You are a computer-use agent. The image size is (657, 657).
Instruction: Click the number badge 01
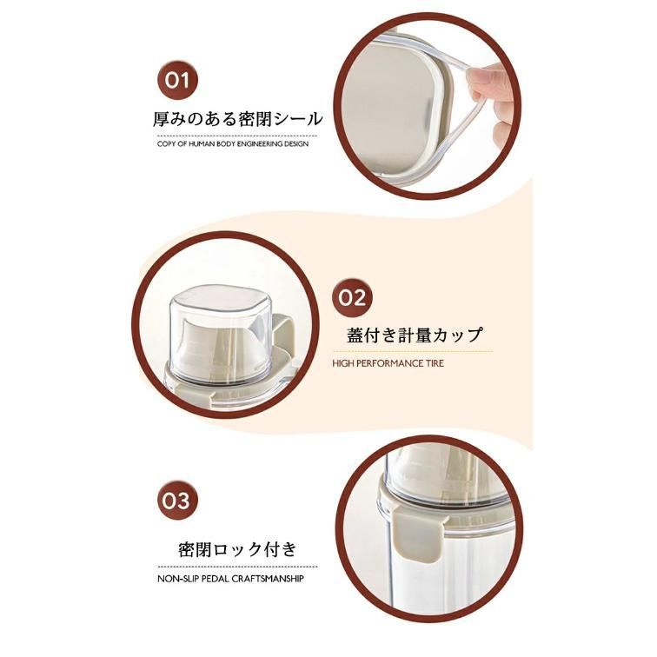[177, 80]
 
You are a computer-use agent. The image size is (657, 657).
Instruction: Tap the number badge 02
[352, 298]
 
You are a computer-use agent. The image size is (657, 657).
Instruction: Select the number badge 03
[176, 501]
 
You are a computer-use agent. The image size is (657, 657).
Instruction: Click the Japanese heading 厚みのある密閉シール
[237, 119]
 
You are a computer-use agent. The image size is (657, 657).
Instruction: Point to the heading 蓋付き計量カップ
[415, 335]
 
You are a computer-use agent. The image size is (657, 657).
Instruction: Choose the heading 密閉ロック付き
[237, 549]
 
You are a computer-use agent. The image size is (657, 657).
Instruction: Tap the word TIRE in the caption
[435, 363]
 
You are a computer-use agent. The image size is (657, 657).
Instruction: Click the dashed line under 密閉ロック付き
[237, 567]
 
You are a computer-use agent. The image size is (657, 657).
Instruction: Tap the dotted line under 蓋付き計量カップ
[412, 352]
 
